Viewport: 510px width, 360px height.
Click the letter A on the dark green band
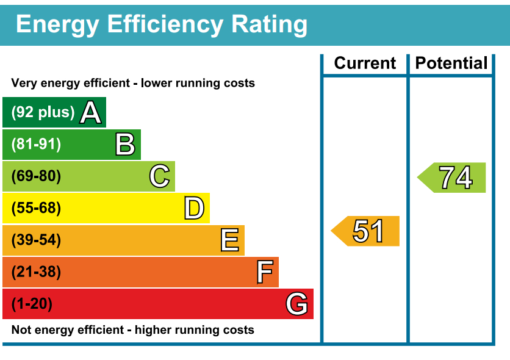(91, 113)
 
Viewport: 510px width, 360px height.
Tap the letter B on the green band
(125, 145)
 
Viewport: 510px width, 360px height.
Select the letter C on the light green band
(159, 177)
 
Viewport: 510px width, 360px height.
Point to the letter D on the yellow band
(194, 209)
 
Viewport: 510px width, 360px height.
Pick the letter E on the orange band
(229, 240)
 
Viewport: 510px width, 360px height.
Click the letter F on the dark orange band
(264, 272)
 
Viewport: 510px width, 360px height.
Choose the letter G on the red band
(297, 304)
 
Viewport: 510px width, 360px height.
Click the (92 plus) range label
(43, 113)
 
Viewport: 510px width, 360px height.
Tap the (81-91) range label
(37, 145)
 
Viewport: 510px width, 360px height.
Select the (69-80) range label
(37, 177)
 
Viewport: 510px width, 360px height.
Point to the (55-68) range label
(37, 209)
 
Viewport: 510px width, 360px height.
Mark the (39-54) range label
(37, 240)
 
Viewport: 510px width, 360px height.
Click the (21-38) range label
(37, 272)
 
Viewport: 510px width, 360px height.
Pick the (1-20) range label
(32, 304)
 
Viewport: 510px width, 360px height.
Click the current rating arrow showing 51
(366, 231)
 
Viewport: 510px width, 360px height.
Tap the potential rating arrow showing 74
(453, 178)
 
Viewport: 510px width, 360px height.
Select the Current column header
(365, 63)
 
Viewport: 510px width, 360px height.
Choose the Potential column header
(451, 63)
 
